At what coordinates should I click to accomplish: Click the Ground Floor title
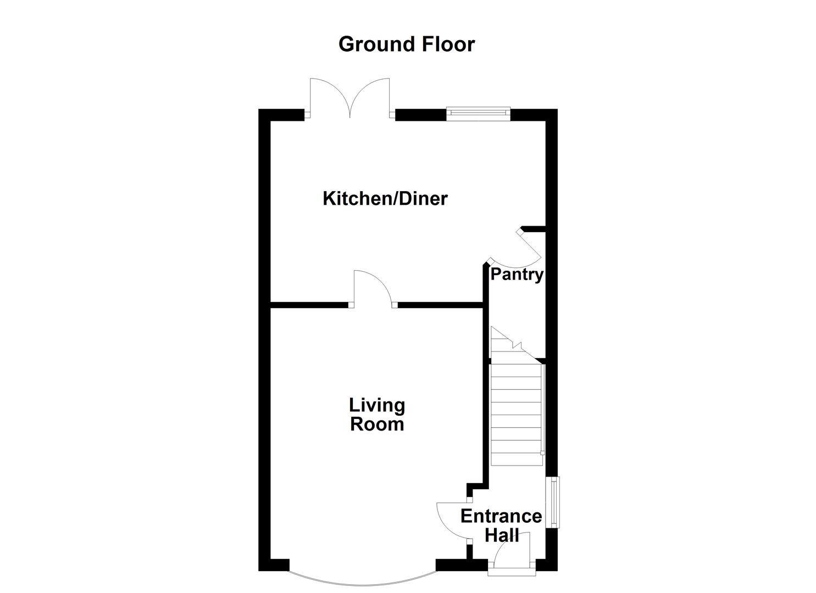(406, 44)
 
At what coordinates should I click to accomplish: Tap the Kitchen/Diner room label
(385, 198)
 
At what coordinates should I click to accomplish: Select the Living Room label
(377, 415)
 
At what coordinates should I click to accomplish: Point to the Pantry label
(517, 274)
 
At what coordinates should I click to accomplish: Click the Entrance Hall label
(501, 524)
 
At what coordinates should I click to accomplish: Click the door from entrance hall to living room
(451, 522)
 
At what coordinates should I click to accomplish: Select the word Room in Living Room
(377, 424)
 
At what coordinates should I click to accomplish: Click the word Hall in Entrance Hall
(502, 534)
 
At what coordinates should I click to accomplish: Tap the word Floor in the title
(448, 44)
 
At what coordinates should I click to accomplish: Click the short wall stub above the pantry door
(532, 228)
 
